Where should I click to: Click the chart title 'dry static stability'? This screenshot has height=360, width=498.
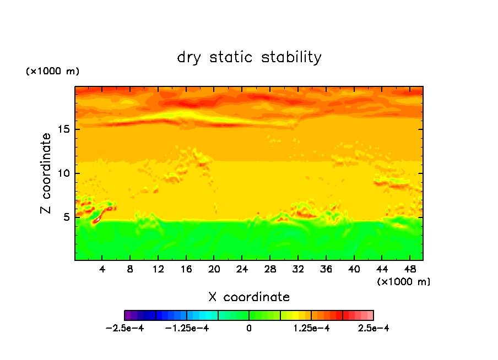click(x=249, y=57)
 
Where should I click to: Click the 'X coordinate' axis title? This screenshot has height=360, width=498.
click(x=249, y=297)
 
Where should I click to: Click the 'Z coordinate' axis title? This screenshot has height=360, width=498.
click(x=46, y=173)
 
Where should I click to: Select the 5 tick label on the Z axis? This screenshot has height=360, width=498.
click(x=66, y=217)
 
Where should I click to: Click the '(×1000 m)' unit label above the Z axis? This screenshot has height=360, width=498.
click(x=53, y=72)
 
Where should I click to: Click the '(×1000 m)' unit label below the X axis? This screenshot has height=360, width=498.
click(x=404, y=281)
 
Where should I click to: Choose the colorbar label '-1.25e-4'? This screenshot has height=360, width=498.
click(x=188, y=328)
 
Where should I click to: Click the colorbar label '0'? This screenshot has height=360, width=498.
click(x=249, y=328)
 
